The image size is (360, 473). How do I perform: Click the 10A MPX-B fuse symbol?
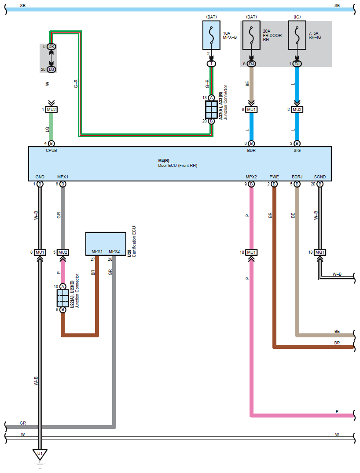pos(211,35)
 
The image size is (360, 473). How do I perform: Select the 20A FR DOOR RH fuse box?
pos(251,35)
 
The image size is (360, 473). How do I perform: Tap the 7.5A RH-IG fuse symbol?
pos(297,35)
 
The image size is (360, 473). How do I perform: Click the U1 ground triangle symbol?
pos(40,454)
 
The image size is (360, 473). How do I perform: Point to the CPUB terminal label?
pos(51,150)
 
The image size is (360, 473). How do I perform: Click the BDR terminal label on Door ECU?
pos(251,150)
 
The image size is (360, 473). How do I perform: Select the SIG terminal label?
pos(297,150)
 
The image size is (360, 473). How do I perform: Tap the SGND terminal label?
pos(320,177)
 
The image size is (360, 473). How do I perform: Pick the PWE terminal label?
pos(274,177)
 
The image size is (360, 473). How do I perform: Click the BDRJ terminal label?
pos(297,177)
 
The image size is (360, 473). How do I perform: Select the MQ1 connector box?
pos(320,252)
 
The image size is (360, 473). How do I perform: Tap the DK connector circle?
pos(51,47)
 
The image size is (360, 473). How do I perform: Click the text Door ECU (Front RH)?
pos(177,166)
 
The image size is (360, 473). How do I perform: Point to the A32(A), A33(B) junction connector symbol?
pos(211,109)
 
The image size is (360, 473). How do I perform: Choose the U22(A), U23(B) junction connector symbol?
pos(63,298)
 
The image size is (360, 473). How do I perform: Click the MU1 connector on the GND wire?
pos(40,252)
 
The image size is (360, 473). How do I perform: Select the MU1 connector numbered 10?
pos(251,252)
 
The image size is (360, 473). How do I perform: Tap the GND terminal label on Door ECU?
pos(40,177)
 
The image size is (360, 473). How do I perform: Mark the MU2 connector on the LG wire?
pos(51,109)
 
